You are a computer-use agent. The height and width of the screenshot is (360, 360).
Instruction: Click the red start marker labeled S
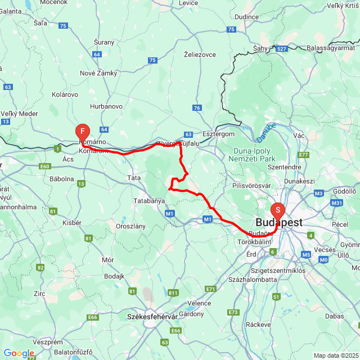point(277,211)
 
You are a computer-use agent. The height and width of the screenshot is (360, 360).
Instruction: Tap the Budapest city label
point(278,223)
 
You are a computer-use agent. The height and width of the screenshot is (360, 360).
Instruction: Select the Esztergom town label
point(218,134)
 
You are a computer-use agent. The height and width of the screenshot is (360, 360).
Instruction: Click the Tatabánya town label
point(148,201)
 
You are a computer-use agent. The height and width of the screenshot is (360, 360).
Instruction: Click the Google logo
point(19,353)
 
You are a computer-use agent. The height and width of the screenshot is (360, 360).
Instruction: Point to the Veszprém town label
point(48,342)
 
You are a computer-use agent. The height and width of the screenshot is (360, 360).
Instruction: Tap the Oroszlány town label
point(130,226)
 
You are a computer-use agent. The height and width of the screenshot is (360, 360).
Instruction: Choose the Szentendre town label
point(284,167)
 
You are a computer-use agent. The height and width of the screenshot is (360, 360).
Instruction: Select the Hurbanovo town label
point(106,106)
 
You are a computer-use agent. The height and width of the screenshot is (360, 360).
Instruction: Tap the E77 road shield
point(304,155)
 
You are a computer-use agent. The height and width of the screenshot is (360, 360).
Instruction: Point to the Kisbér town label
point(71,223)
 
